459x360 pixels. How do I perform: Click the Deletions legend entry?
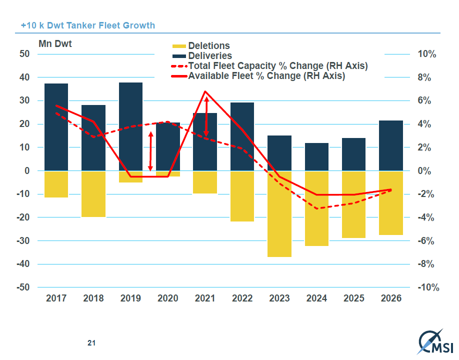(x=208, y=46)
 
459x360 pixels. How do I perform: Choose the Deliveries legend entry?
(x=209, y=56)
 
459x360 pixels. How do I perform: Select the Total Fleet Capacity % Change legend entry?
(x=277, y=66)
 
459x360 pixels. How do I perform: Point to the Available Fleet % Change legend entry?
(x=266, y=76)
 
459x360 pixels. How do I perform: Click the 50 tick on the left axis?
(x=24, y=54)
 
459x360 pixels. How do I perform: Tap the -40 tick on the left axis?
(x=22, y=264)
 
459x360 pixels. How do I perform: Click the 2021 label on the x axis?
(x=204, y=298)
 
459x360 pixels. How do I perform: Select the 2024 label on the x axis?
(x=316, y=298)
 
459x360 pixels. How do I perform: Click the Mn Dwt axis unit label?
(x=55, y=44)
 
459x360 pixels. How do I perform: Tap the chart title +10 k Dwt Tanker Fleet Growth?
(x=88, y=25)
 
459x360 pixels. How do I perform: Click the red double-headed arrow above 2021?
(x=206, y=116)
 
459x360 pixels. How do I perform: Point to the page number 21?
(x=91, y=343)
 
